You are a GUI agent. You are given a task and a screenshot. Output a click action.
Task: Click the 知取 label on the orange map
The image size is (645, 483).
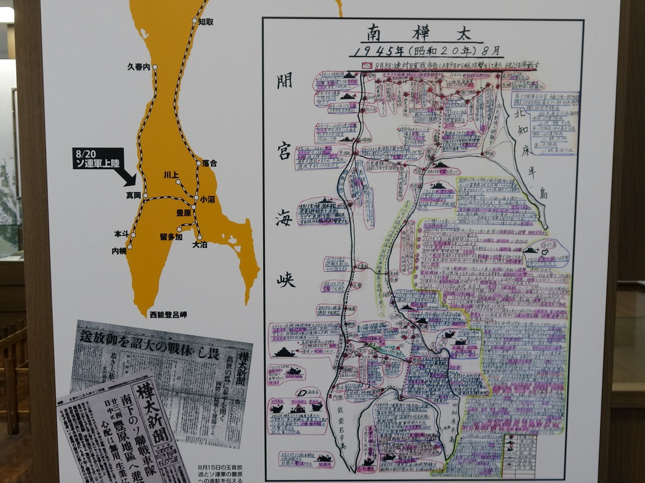[206, 22]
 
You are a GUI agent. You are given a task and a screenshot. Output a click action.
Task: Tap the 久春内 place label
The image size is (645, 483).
[139, 67]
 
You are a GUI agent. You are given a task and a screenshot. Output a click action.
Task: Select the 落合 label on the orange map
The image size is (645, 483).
[210, 163]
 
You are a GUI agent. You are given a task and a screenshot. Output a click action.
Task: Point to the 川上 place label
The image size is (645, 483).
[171, 175]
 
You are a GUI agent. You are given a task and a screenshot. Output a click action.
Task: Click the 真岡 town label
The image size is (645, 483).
[133, 195]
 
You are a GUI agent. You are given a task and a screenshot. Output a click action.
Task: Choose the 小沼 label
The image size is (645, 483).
[208, 199]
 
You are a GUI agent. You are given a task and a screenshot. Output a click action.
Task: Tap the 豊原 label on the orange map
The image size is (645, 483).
[183, 212]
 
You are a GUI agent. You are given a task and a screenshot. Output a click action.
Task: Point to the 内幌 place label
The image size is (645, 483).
[119, 252]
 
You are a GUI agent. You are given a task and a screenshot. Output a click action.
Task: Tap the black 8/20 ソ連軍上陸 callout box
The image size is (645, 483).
[99, 158]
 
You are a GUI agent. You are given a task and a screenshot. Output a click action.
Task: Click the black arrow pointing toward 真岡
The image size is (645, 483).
[125, 176]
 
